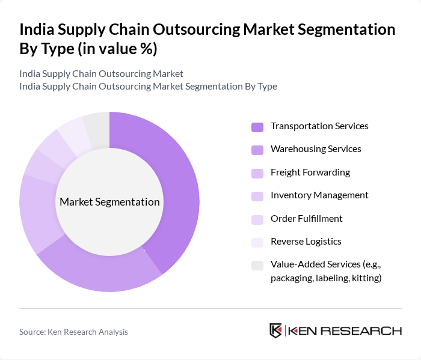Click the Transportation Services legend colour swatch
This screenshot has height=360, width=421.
pos(257,127)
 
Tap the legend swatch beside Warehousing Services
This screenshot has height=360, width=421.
pos(257,150)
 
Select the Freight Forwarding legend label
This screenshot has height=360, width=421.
pos(310,172)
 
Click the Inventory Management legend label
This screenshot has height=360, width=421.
pos(319,195)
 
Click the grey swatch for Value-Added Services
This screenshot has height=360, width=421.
pos(257,265)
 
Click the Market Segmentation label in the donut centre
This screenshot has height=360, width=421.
pos(109,202)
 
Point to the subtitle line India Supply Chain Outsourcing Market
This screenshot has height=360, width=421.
pos(101,74)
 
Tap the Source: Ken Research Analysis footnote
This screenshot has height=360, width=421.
pos(73,332)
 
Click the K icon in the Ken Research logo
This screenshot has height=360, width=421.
pos(276,331)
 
